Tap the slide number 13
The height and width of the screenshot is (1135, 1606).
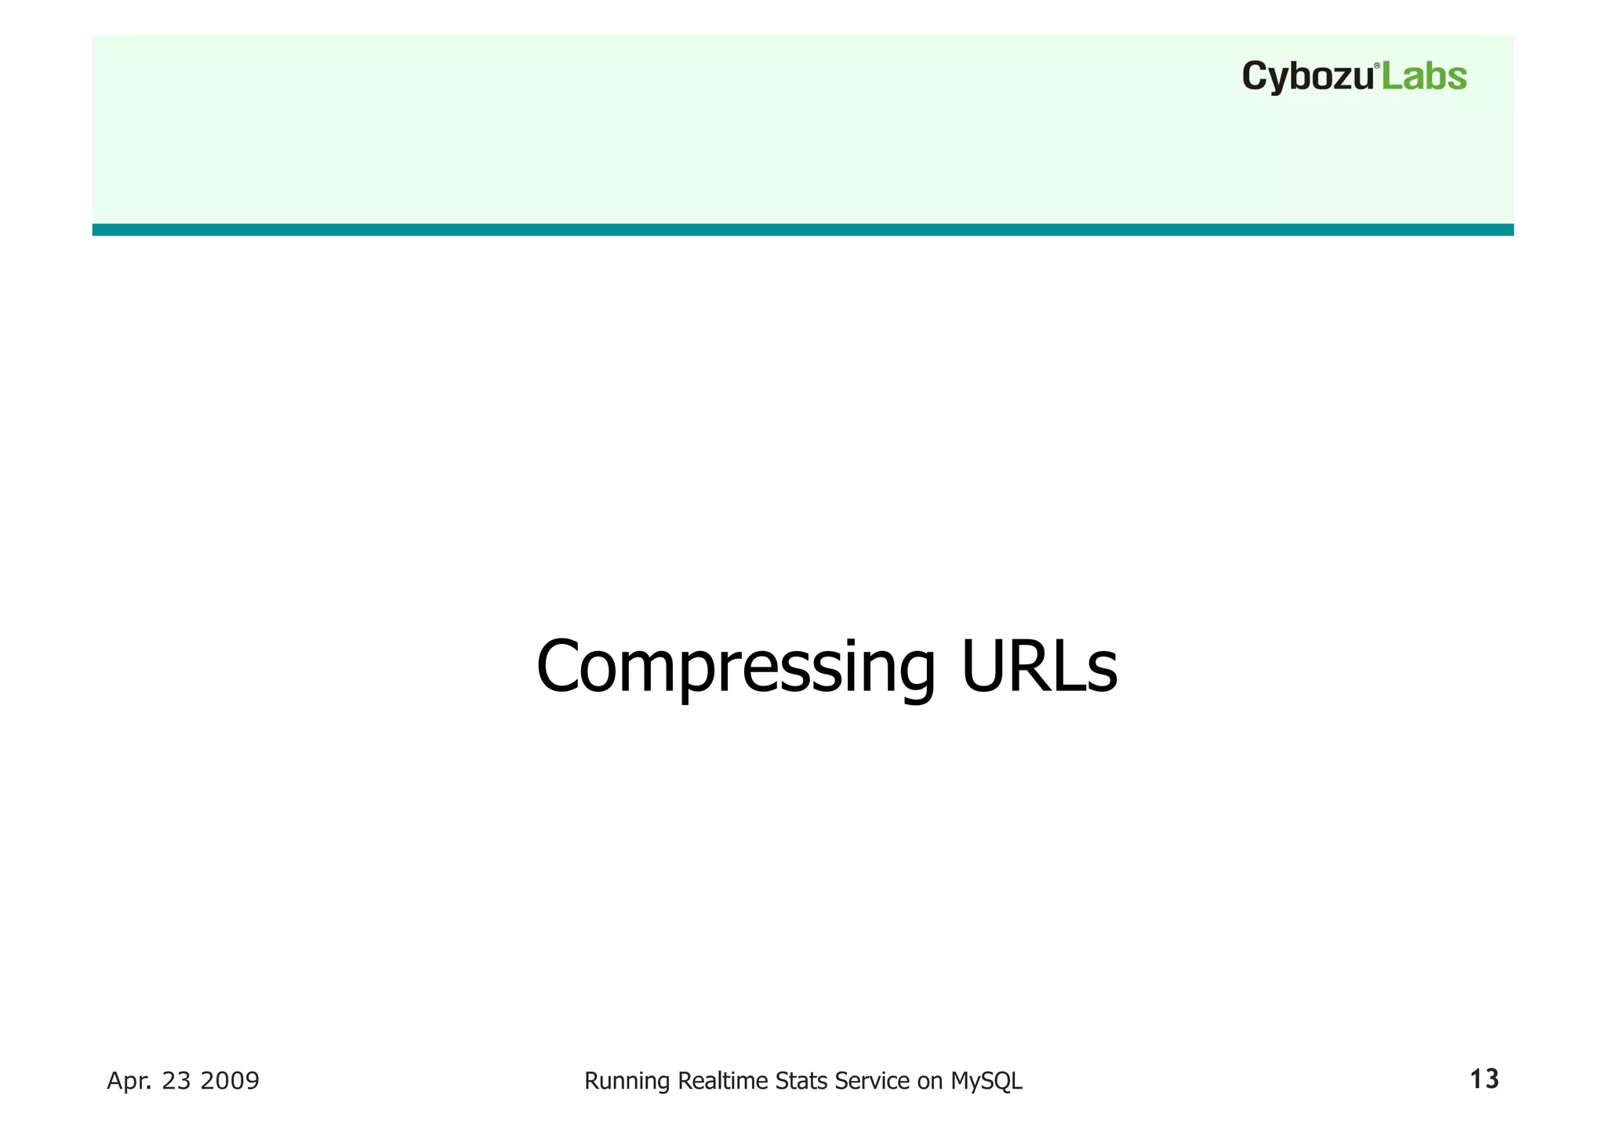(x=1484, y=1079)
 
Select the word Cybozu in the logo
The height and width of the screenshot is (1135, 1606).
(x=1307, y=78)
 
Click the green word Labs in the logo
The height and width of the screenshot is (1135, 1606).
(x=1423, y=77)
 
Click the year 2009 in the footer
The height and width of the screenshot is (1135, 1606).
(x=229, y=1081)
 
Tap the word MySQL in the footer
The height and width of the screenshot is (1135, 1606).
(x=986, y=1082)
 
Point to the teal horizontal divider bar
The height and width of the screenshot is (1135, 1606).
(x=802, y=229)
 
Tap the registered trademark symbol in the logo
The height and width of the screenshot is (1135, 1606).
(x=1377, y=66)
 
